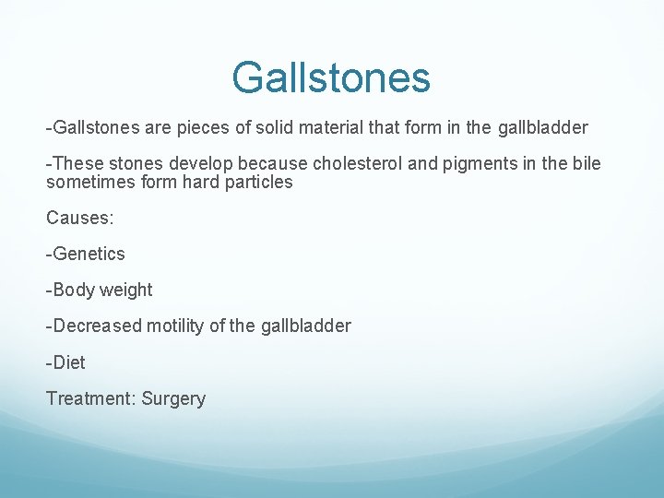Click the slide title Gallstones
331,77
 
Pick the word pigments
473,164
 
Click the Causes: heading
77,218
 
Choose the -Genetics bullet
86,254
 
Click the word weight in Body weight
125,290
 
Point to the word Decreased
95,326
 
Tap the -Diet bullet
65,362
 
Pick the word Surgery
173,399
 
